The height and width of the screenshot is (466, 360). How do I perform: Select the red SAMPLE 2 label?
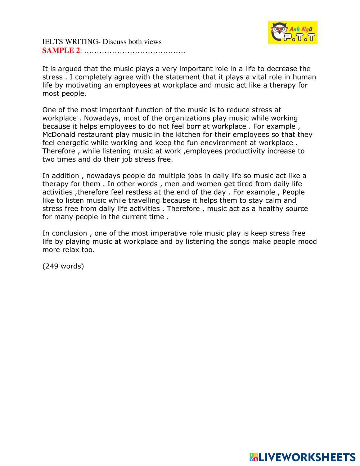pos(61,50)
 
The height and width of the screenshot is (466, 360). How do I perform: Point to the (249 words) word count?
pos(63,266)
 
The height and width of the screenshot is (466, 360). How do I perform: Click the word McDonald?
pos(59,135)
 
